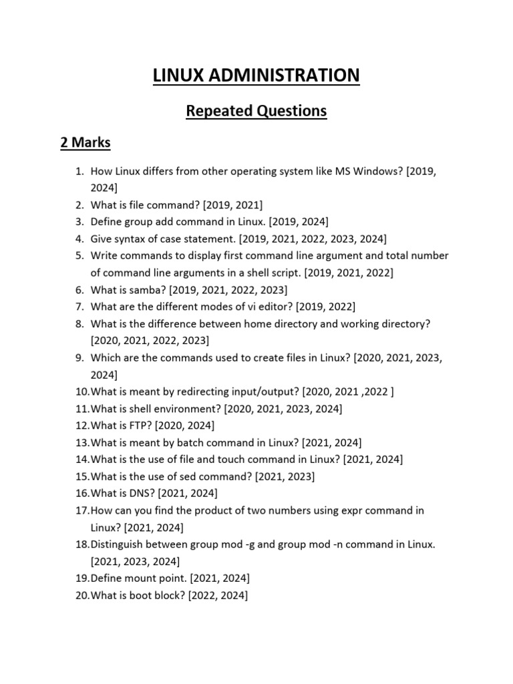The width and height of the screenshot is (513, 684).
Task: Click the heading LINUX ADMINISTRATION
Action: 256,75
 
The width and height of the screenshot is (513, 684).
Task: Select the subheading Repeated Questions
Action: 256,111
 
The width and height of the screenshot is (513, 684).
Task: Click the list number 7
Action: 79,307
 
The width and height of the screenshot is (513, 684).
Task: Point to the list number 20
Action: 81,596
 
